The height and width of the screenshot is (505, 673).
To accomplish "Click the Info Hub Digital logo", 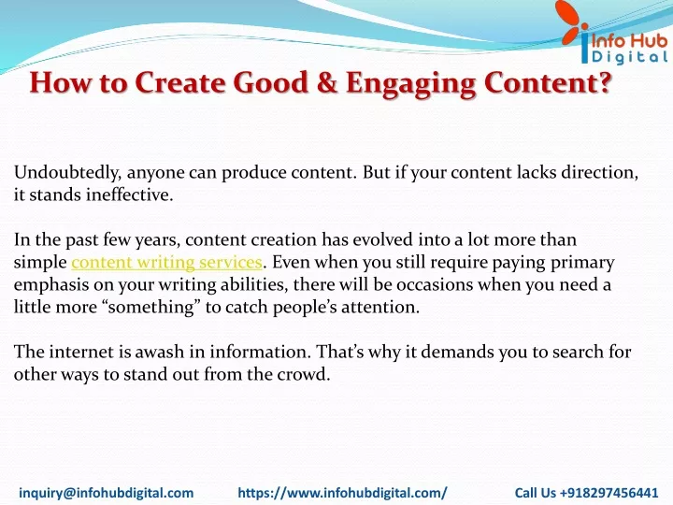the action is pos(614,33).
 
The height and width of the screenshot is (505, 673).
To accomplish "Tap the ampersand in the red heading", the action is pos(327,82).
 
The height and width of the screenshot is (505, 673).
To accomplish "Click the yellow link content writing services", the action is pos(166,263).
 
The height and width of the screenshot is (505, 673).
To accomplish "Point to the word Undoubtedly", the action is pos(67,173).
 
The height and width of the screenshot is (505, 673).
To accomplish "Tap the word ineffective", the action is pos(129,195).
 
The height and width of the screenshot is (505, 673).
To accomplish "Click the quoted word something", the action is pos(151,308).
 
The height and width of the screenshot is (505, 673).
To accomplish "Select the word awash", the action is pos(160,353).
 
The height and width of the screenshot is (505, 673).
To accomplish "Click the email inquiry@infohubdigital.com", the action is pos(106,493).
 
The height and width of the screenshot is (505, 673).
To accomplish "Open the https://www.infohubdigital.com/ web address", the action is pos(342,493).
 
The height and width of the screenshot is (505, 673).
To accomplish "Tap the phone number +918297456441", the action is pos(609,493).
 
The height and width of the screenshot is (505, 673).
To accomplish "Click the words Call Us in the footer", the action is pos(536,493).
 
